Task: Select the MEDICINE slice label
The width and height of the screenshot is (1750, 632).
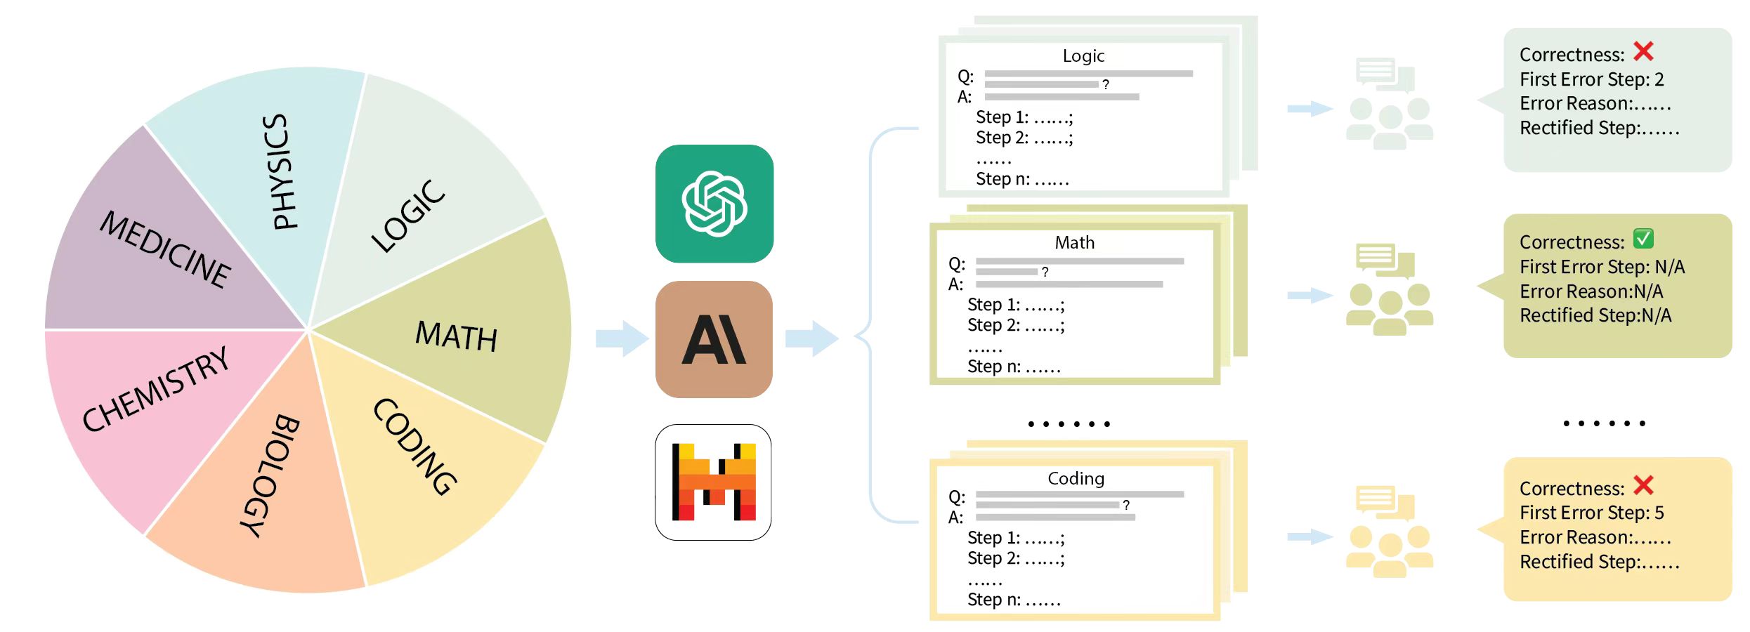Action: click(166, 250)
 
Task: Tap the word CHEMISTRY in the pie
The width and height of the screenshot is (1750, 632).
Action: click(156, 389)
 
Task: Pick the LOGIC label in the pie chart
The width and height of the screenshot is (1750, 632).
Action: click(408, 216)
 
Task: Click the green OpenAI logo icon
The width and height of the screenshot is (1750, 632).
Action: click(714, 204)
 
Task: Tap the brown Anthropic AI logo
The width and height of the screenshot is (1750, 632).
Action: click(714, 340)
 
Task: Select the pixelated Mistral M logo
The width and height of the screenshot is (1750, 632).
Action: click(713, 482)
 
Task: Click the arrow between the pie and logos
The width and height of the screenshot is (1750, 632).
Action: click(622, 338)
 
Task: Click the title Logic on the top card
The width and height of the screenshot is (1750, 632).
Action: click(1083, 56)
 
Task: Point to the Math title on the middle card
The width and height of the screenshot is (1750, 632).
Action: click(1074, 243)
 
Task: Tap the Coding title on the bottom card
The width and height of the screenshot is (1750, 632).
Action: click(1076, 479)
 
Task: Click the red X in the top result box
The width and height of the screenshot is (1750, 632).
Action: click(1643, 51)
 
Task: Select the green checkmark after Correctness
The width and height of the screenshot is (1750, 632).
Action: click(1643, 239)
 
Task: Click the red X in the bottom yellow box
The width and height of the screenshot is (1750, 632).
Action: click(1643, 485)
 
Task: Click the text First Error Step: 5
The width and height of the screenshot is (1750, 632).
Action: click(1591, 513)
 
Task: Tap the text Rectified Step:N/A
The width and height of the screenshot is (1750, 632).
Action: click(1595, 316)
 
